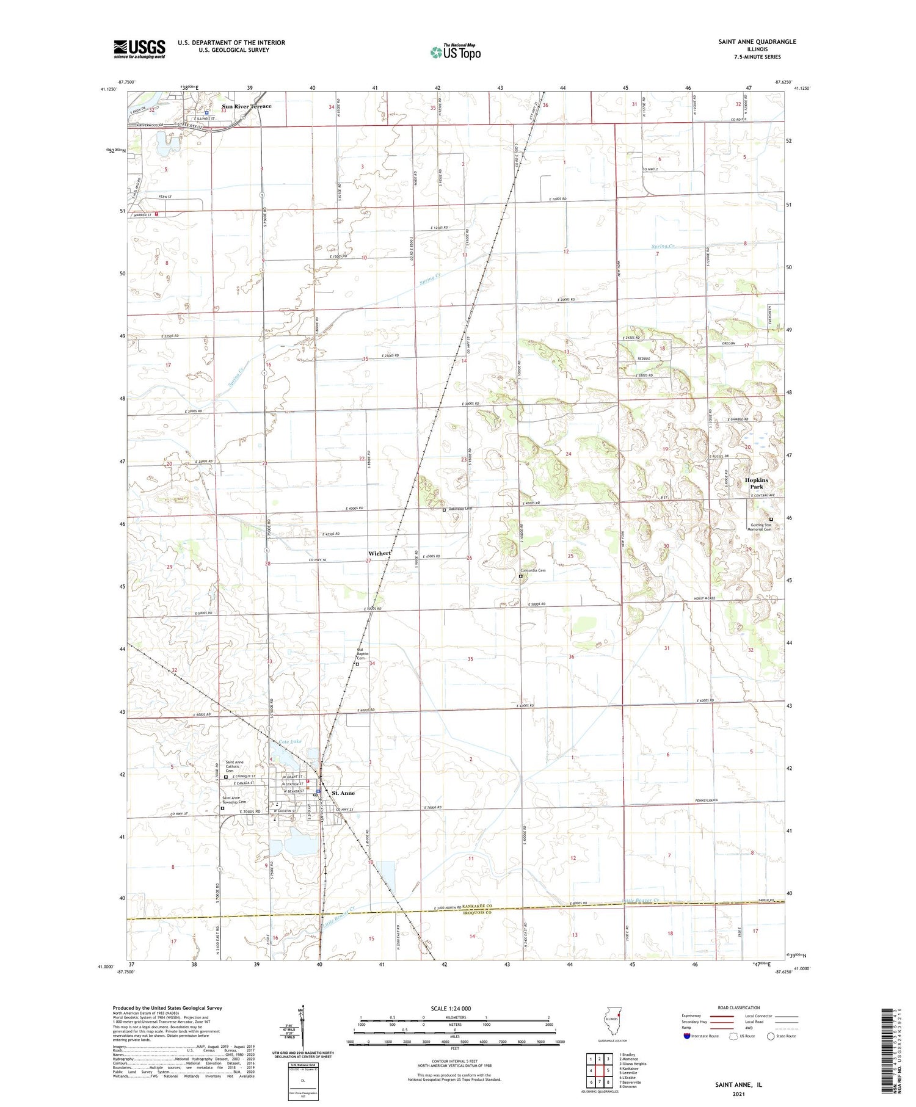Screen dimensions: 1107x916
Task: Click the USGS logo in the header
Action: tap(139, 49)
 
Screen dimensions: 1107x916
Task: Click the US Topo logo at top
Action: tap(455, 53)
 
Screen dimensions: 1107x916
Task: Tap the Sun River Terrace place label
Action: tap(247, 106)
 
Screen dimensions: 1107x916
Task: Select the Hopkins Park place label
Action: tap(756, 483)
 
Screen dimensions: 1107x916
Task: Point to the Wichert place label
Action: tap(379, 553)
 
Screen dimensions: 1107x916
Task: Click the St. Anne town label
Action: tap(343, 793)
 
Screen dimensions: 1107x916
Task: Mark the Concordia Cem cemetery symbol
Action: tap(520, 576)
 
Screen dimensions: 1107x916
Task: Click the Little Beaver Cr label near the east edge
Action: tap(639, 901)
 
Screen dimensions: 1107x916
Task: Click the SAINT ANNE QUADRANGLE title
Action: tap(757, 42)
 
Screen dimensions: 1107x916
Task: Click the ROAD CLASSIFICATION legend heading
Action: tap(739, 1007)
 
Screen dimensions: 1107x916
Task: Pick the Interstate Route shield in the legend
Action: tap(688, 1036)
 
